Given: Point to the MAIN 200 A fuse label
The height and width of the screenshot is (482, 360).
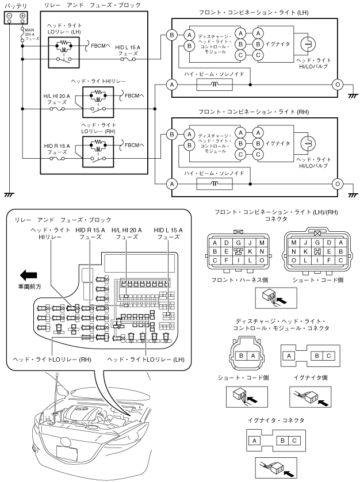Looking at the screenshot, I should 30,35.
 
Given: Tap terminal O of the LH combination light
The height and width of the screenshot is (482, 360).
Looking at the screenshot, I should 337,84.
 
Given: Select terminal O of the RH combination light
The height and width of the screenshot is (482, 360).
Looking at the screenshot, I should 337,184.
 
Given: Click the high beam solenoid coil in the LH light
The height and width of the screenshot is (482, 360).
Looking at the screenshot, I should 215,84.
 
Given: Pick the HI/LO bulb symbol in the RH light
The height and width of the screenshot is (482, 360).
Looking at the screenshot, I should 309,144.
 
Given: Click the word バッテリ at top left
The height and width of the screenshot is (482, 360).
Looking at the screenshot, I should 15,4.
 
